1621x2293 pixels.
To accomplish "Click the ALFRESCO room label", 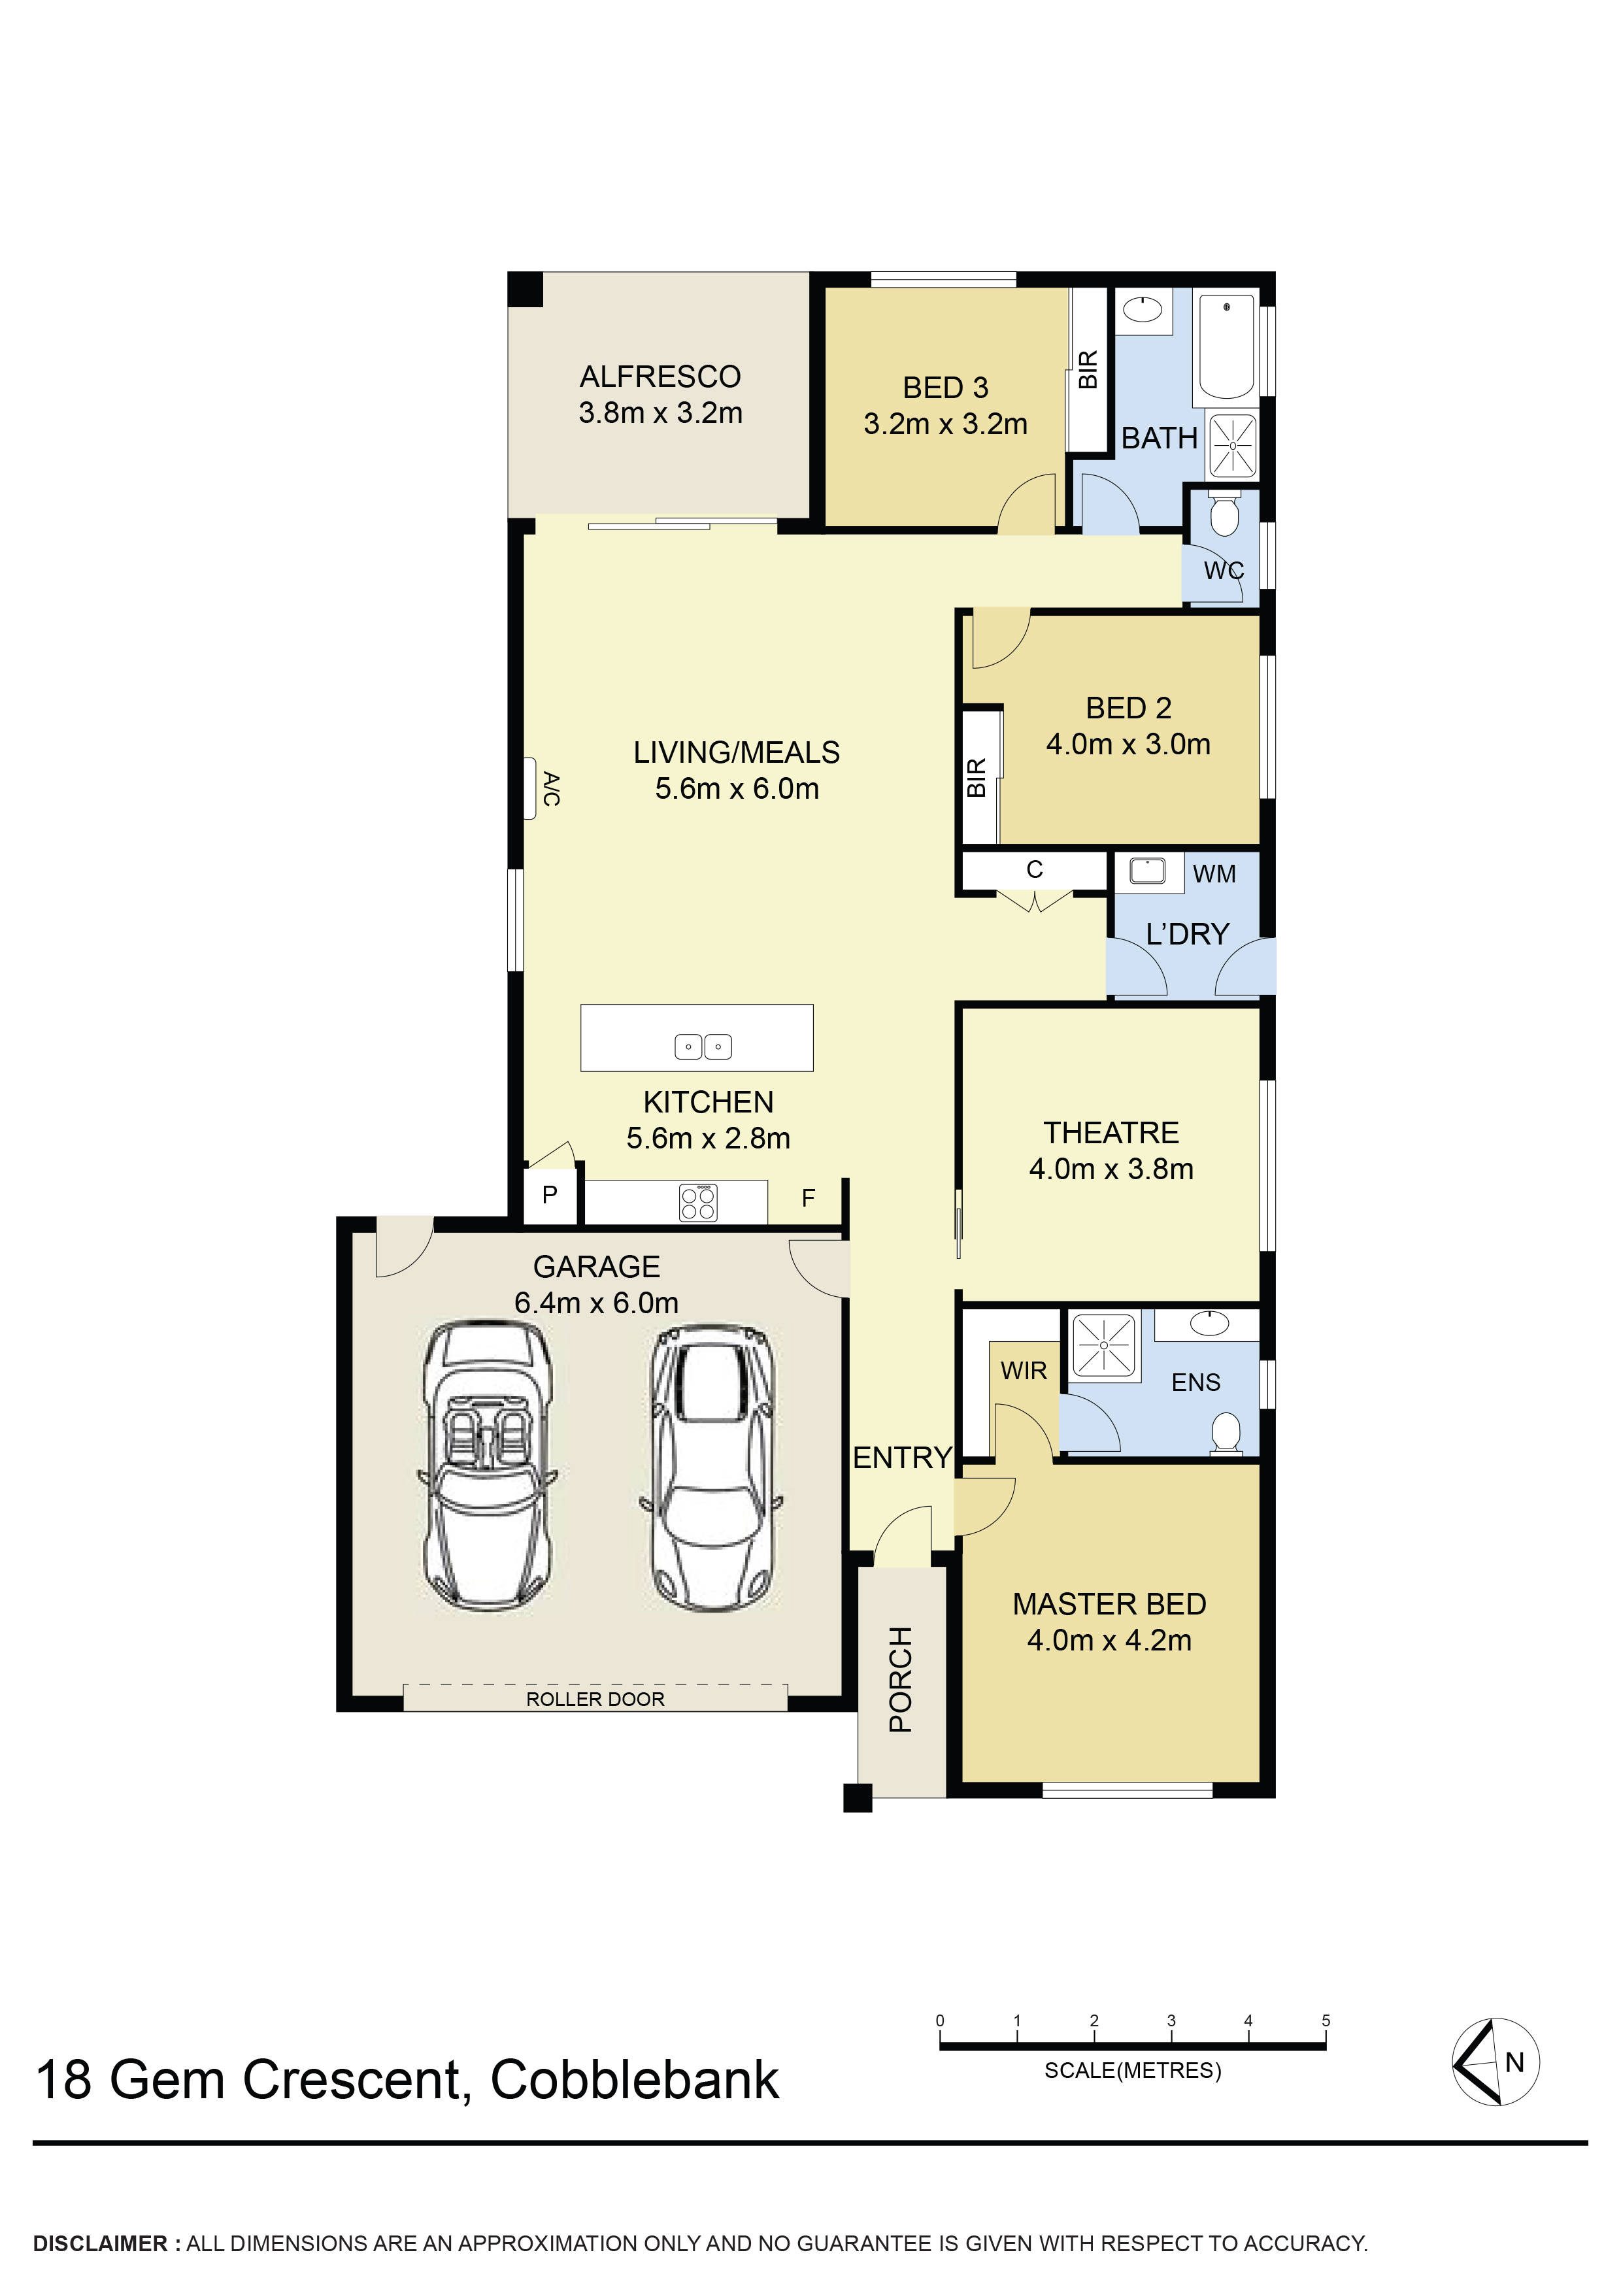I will click(x=660, y=377).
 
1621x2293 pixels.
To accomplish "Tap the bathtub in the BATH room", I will click(x=1226, y=346).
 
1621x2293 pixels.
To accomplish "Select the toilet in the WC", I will click(x=1222, y=514).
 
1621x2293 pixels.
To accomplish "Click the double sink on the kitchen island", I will click(x=703, y=1046).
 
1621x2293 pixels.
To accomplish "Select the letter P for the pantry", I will click(x=549, y=1194).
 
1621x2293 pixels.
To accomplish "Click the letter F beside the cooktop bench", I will click(x=808, y=1197).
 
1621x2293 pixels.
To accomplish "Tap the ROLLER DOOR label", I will click(x=595, y=1699).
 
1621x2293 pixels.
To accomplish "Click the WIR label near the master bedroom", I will click(x=1024, y=1371).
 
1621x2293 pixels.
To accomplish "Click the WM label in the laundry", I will click(x=1214, y=874).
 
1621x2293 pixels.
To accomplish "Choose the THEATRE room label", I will click(x=1111, y=1133).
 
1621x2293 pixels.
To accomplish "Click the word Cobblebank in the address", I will click(x=634, y=2081).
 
